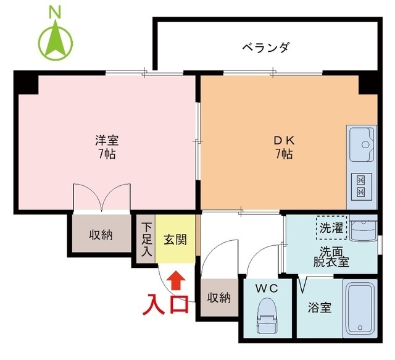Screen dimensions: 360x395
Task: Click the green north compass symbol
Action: tap(56, 38)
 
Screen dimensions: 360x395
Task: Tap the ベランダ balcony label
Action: tap(265, 47)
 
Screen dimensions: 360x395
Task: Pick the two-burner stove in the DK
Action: tap(362, 186)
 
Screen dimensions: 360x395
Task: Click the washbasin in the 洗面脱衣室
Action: tap(364, 229)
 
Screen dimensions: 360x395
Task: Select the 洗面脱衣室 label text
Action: tap(330, 256)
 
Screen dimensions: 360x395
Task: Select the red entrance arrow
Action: tap(177, 280)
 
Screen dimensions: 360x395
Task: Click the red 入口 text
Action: tap(167, 305)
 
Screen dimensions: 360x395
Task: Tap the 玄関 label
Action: tap(175, 240)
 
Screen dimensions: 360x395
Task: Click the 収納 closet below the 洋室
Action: tap(100, 235)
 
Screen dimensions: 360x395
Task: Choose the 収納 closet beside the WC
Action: tap(218, 298)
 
